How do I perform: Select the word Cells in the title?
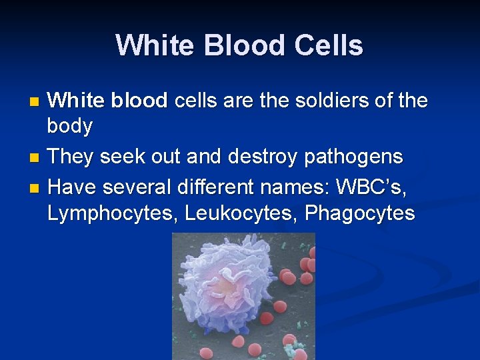329,46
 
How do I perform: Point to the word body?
70,125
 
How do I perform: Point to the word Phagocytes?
360,213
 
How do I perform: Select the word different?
213,187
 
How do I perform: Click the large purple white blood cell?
227,293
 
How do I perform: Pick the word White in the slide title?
154,46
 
